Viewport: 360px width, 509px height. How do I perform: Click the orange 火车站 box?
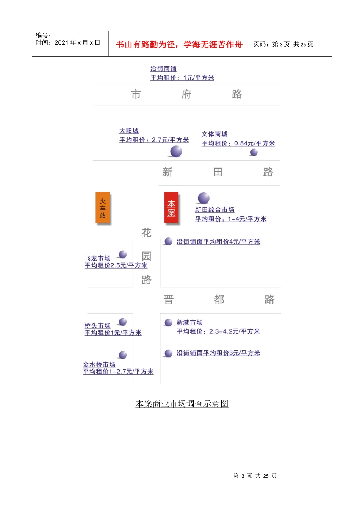click(103, 208)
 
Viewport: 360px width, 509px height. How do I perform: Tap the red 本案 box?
click(171, 208)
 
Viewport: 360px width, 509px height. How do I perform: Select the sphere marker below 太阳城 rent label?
click(176, 151)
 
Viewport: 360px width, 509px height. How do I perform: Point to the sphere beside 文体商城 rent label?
click(254, 152)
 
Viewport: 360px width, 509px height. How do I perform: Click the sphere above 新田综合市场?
click(203, 198)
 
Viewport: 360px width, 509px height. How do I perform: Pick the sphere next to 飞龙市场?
click(123, 254)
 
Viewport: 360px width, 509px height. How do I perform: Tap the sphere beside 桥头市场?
click(123, 322)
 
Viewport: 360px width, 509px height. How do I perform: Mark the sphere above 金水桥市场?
click(123, 355)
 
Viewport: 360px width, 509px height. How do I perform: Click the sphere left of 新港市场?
click(169, 322)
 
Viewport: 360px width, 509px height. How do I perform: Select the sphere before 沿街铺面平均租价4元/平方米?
click(169, 241)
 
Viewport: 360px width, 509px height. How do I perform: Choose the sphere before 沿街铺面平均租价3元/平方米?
click(169, 353)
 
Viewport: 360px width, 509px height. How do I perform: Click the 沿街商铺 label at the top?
click(163, 69)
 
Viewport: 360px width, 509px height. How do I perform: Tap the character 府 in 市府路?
click(186, 94)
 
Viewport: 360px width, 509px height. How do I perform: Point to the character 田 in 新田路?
click(218, 172)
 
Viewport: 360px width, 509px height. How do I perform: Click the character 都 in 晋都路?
click(219, 300)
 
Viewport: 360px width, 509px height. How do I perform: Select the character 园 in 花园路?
click(146, 256)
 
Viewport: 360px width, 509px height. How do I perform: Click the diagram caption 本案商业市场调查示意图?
click(182, 404)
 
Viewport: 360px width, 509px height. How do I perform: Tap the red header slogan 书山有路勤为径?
click(145, 45)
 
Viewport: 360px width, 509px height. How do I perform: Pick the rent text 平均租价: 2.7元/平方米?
click(154, 140)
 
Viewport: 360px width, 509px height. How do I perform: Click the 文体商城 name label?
click(214, 134)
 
